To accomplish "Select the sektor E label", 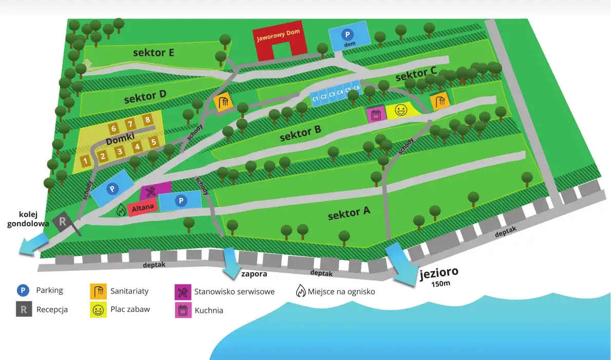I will click(x=153, y=52).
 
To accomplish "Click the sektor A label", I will click(x=349, y=213).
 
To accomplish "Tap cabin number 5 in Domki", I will click(x=153, y=142).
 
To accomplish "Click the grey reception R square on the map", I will click(x=63, y=222).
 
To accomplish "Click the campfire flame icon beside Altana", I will click(x=121, y=210).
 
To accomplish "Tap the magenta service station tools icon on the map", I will click(x=150, y=192).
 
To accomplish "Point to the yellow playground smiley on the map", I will click(x=400, y=110).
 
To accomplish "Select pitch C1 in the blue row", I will click(x=315, y=98).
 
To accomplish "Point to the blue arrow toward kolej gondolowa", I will click(x=31, y=246).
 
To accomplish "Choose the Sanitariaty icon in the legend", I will click(x=98, y=291).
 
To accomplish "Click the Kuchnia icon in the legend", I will click(x=182, y=310).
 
